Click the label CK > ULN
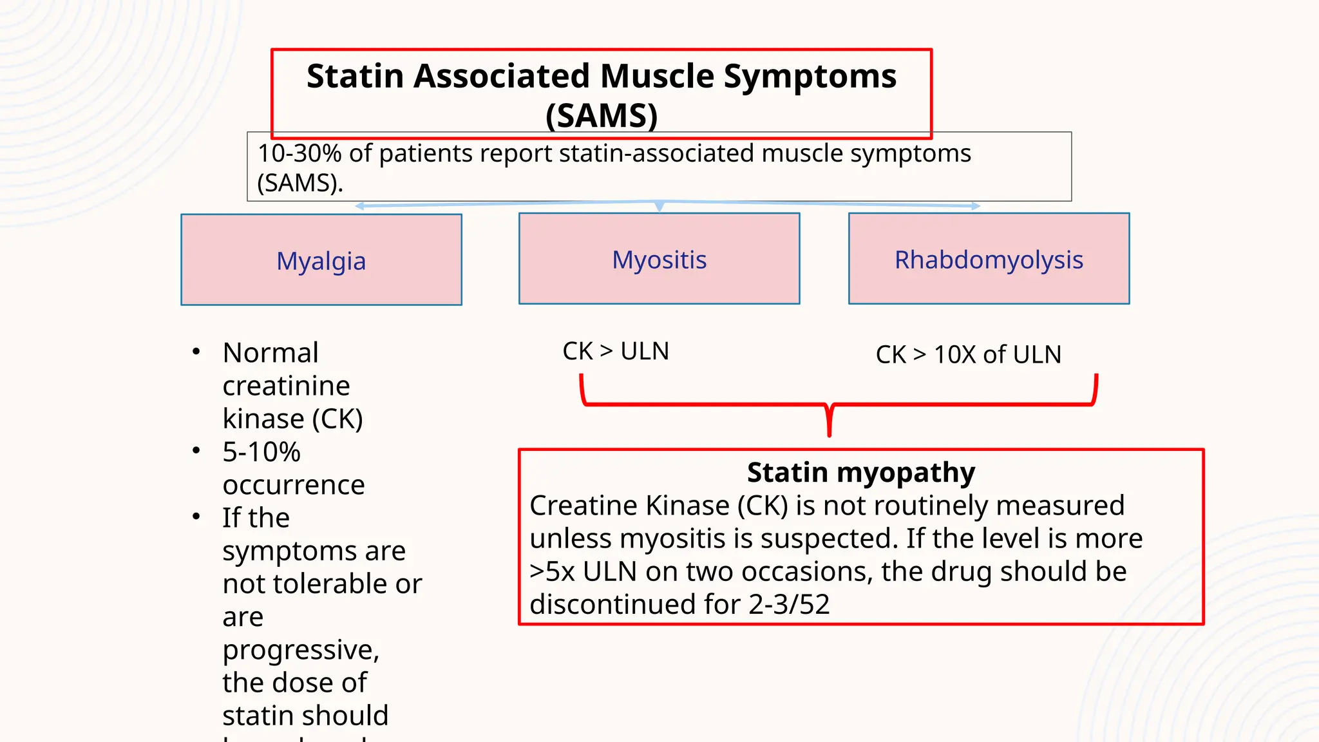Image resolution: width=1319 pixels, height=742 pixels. (616, 351)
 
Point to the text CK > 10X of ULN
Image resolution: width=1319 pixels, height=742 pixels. (968, 354)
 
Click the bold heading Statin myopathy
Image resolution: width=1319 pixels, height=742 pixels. (860, 472)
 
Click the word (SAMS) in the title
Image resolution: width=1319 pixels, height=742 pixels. (601, 116)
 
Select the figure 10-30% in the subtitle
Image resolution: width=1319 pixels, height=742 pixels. (299, 154)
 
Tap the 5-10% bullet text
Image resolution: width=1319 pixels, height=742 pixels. (261, 452)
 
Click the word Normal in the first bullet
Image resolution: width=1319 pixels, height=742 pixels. (270, 353)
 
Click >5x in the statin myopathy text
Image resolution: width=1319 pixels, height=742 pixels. (552, 572)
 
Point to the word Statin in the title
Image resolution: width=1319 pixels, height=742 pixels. (356, 76)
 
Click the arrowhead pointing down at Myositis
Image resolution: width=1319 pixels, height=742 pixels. (659, 207)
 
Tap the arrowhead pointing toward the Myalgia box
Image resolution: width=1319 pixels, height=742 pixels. (359, 206)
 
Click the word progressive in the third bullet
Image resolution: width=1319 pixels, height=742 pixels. (300, 650)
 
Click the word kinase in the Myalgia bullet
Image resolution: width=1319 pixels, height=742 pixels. (263, 419)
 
